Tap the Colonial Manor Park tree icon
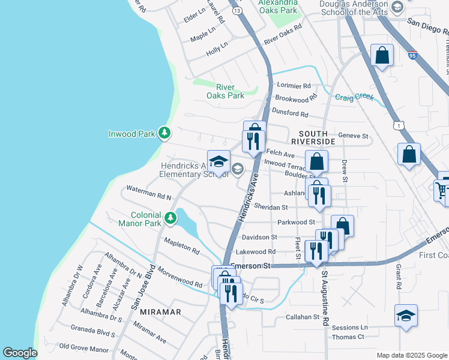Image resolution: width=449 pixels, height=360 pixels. (x=171, y=218)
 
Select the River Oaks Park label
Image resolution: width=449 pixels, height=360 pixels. (x=225, y=91)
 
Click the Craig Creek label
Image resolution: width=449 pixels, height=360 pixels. (x=354, y=97)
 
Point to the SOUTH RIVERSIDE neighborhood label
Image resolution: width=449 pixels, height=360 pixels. (x=309, y=137)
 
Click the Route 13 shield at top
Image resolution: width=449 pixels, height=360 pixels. (x=238, y=11)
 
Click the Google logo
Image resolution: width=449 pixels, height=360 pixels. (x=20, y=352)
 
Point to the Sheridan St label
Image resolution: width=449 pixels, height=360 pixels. (x=271, y=207)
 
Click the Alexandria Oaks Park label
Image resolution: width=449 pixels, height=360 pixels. (x=278, y=7)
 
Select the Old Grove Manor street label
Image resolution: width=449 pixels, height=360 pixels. (x=84, y=349)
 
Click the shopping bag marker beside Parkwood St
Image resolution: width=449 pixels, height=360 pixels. (x=342, y=226)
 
